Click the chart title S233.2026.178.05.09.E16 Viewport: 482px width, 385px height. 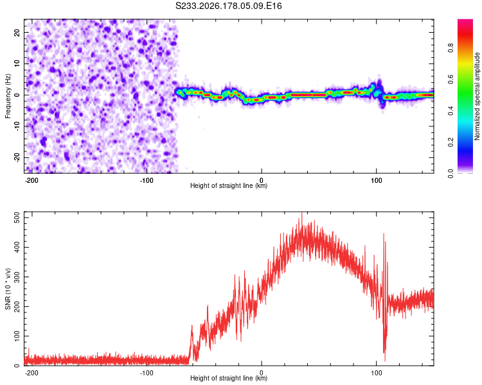pos(228,6)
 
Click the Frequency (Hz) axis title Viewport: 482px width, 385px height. pos(8,96)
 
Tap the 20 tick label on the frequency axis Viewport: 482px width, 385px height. pos(17,32)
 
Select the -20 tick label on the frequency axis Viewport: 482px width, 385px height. pos(17,157)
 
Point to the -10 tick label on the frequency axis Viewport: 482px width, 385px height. pos(17,126)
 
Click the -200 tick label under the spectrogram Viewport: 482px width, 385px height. pos(31,180)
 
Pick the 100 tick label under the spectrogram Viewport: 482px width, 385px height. pos(376,180)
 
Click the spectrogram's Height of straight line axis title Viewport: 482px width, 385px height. pos(229,185)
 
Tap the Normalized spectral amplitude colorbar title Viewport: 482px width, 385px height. pos(477,96)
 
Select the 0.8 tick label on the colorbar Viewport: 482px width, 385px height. pos(451,48)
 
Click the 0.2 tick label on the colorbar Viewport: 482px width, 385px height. pos(451,142)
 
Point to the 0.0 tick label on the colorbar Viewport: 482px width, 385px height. pos(451,173)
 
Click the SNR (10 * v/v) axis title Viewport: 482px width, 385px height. pos(8,289)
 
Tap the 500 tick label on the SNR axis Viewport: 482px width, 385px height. pos(17,218)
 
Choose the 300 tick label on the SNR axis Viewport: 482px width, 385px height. pos(17,277)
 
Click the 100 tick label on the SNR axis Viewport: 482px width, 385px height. pos(17,336)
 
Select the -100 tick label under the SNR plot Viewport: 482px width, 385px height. pos(147,373)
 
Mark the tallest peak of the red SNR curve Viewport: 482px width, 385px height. pos(302,213)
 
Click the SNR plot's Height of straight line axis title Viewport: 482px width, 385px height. pos(229,378)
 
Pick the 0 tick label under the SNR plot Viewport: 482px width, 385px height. pos(262,373)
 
